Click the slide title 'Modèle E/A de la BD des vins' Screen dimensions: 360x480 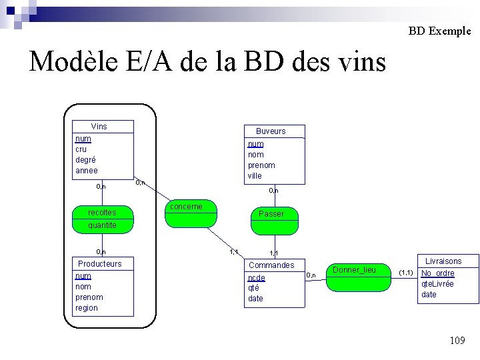(x=208, y=62)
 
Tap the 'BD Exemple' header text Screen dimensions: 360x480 (x=439, y=31)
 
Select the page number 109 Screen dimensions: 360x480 (x=457, y=341)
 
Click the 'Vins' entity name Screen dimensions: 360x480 (x=99, y=127)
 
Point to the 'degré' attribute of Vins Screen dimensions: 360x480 (x=85, y=160)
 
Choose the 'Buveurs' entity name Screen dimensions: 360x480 (x=271, y=131)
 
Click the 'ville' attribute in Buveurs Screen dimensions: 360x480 (x=255, y=176)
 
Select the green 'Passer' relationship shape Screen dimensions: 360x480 (x=271, y=219)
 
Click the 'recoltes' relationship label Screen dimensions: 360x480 (x=102, y=213)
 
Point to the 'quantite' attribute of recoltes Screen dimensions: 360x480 (x=102, y=225)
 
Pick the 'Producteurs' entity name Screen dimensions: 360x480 (x=100, y=263)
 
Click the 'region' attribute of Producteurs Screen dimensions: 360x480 (x=87, y=308)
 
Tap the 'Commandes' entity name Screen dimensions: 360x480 (x=271, y=265)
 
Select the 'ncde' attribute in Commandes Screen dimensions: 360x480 (x=256, y=277)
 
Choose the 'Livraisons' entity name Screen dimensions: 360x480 (x=443, y=261)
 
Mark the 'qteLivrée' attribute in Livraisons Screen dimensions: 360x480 (x=437, y=283)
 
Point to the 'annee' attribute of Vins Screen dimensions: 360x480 (x=87, y=171)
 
